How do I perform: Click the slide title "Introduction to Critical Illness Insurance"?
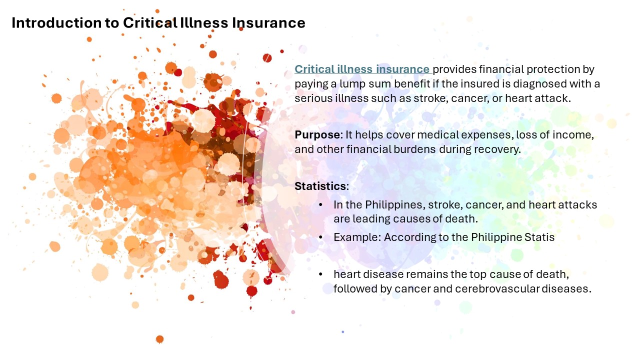tap(158, 23)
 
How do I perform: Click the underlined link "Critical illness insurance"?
tap(362, 69)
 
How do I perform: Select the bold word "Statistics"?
tap(320, 186)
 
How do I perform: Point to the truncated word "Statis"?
tap(538, 237)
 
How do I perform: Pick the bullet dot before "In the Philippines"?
tap(320, 205)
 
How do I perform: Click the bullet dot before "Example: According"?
tap(320, 237)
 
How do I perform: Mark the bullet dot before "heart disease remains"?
tap(320, 274)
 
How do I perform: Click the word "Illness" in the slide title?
tap(196, 23)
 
